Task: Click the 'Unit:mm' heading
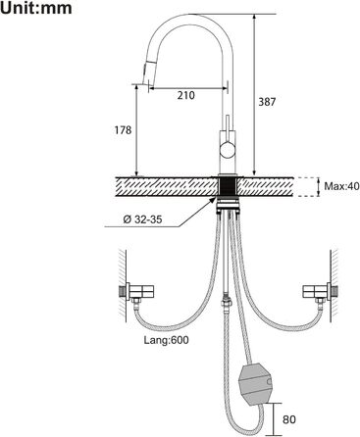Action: coord(36,8)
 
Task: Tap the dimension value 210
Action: coord(186,95)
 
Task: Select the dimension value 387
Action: coord(267,102)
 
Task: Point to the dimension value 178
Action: coord(123,130)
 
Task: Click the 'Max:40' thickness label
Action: coord(341,186)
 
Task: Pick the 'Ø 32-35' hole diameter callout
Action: coord(142,219)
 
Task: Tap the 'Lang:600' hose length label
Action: coord(166,340)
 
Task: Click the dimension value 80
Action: coord(289,419)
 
